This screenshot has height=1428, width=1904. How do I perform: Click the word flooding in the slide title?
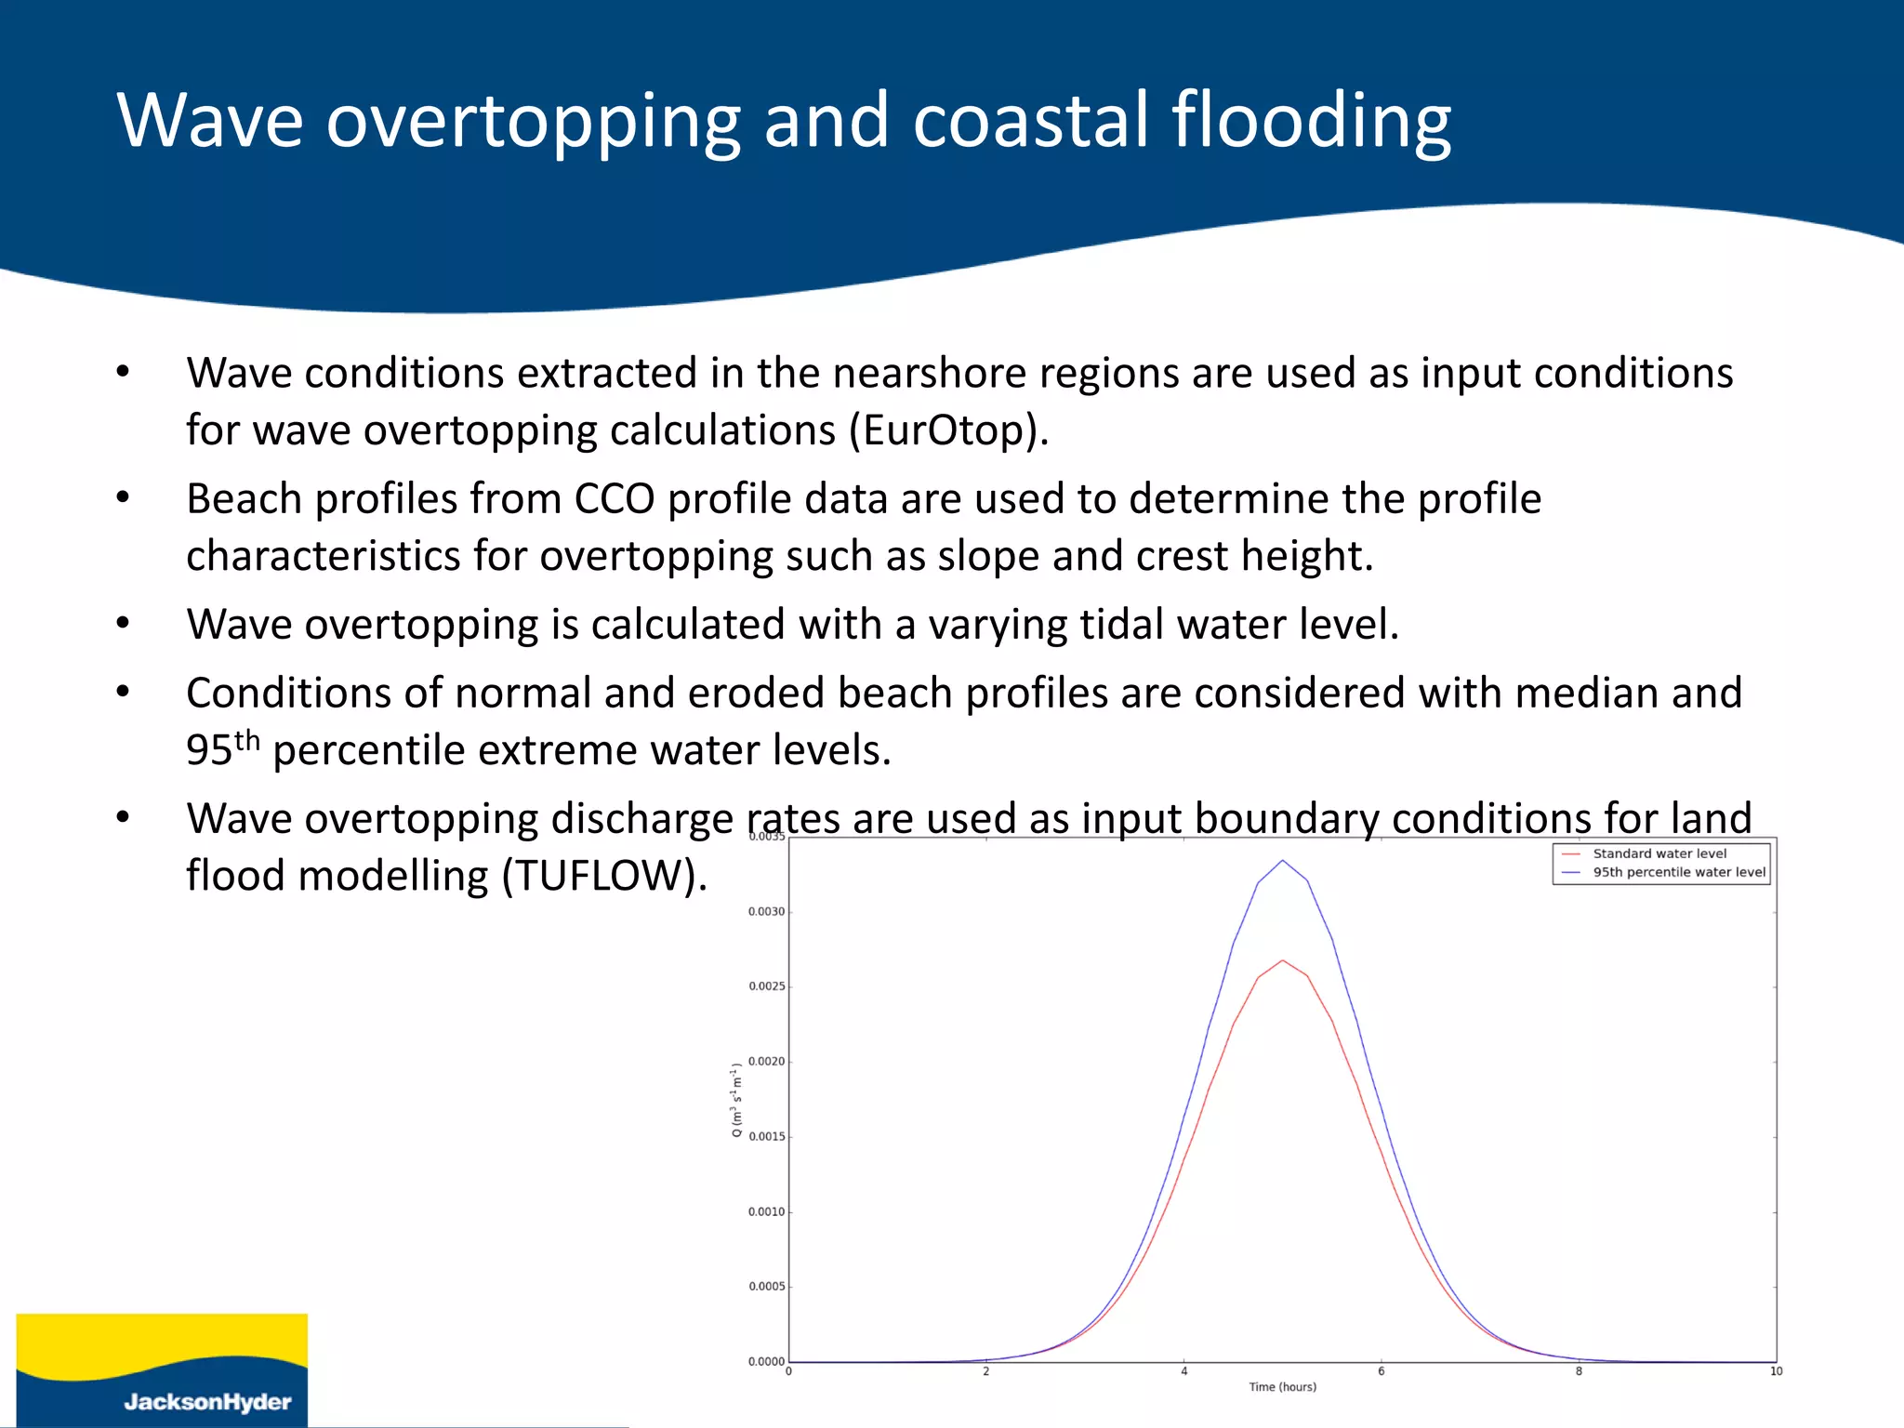[x=1310, y=121]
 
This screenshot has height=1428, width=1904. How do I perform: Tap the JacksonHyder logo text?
[x=207, y=1401]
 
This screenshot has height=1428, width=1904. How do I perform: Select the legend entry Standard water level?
[x=1659, y=853]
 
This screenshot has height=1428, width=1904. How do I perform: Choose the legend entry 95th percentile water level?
[x=1678, y=872]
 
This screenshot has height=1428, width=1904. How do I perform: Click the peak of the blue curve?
[x=1283, y=861]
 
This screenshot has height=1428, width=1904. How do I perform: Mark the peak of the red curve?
[x=1283, y=960]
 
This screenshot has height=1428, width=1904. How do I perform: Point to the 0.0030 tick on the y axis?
[x=767, y=912]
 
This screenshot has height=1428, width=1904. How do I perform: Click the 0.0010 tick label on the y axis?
[x=767, y=1212]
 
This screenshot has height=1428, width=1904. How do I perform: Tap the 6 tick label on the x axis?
[x=1382, y=1371]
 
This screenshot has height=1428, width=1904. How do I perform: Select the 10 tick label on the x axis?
[x=1776, y=1371]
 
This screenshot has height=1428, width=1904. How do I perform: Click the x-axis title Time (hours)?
[x=1282, y=1387]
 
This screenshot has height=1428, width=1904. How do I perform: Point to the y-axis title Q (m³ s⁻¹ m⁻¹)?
[x=736, y=1100]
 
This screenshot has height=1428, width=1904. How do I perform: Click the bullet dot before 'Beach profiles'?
[x=123, y=498]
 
